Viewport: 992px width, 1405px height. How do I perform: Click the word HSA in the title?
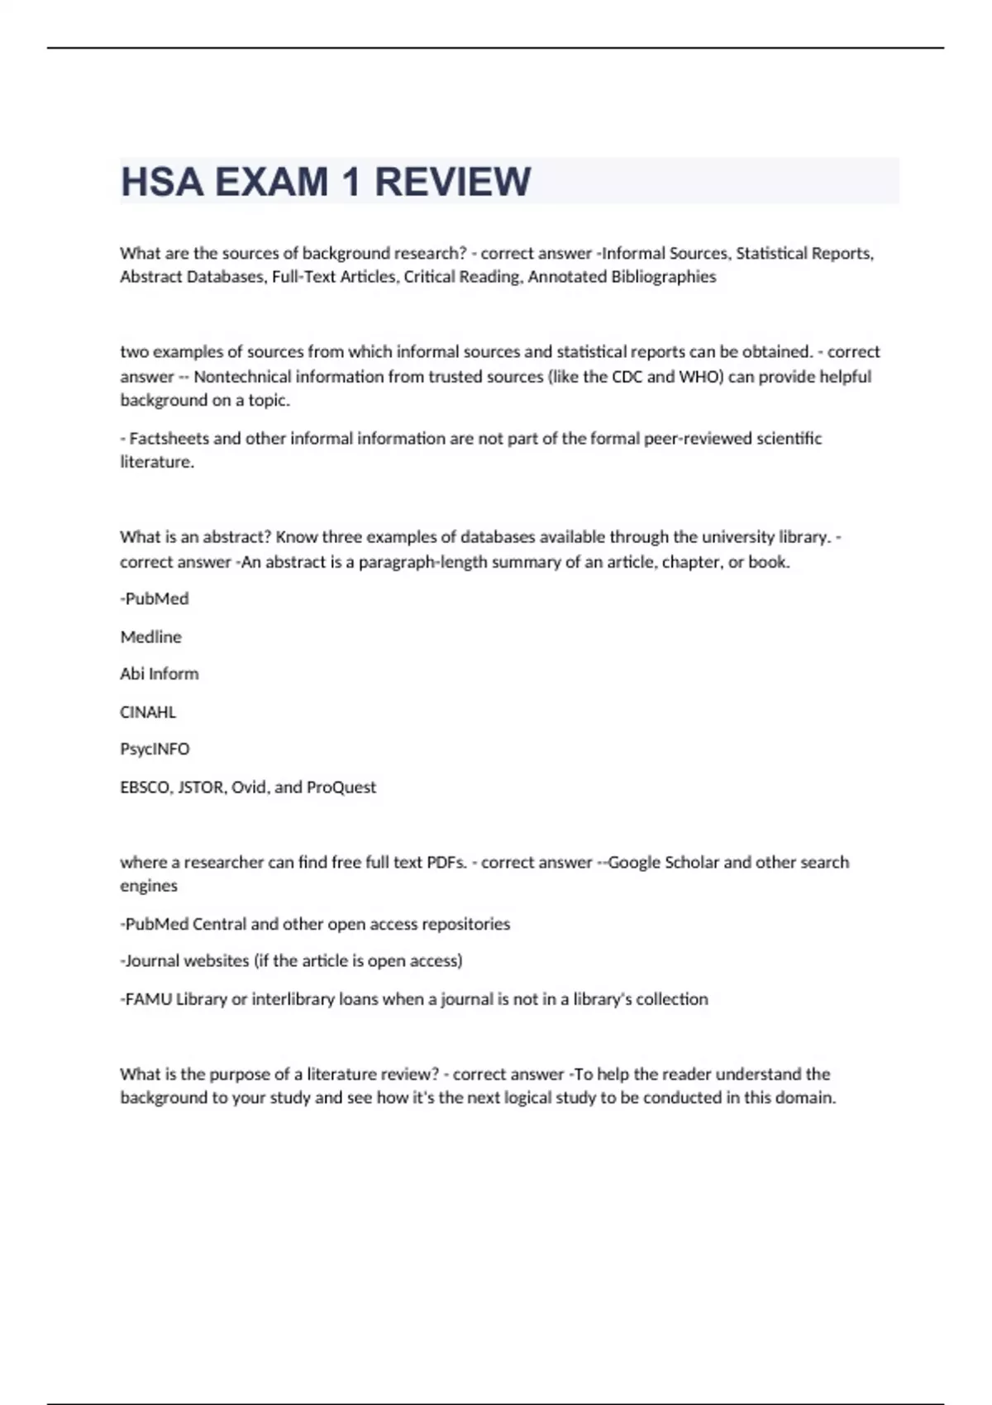tap(162, 182)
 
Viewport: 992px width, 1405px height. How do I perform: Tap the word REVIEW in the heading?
tap(452, 182)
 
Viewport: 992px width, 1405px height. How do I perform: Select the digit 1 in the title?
tap(351, 182)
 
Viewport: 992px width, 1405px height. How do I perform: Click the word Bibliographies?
tap(663, 277)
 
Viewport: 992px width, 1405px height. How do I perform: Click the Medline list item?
tap(150, 637)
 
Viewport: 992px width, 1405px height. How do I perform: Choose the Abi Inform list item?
tap(159, 674)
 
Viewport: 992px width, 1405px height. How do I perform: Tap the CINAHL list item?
tap(148, 712)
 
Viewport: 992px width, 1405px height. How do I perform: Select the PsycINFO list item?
tap(155, 749)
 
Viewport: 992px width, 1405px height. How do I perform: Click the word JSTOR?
tap(201, 787)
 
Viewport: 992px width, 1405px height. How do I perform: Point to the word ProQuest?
tap(341, 787)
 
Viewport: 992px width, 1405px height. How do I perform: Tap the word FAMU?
tap(149, 999)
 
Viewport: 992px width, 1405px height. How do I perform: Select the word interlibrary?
tap(293, 999)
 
